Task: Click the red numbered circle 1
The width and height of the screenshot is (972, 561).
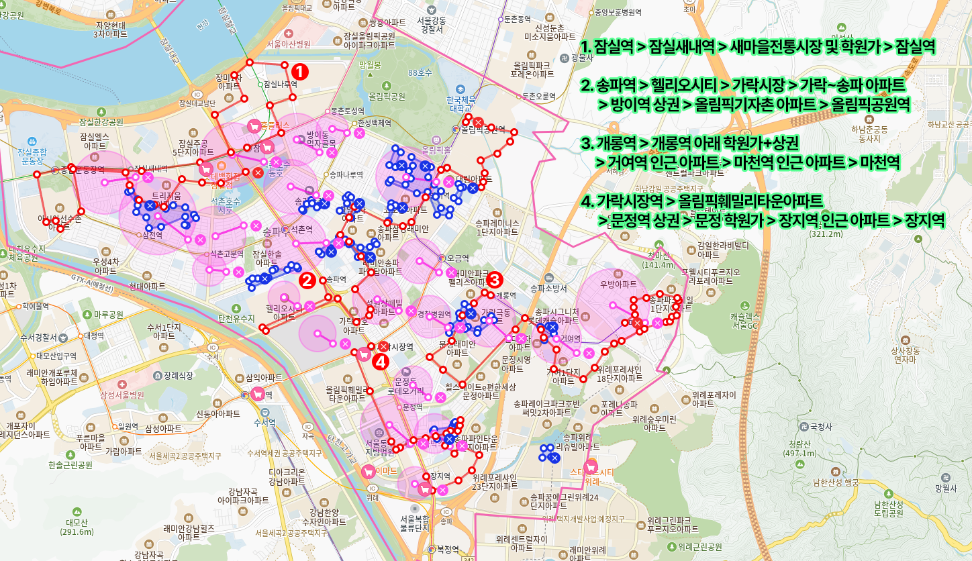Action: point(300,71)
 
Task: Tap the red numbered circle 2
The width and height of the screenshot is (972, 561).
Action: point(307,280)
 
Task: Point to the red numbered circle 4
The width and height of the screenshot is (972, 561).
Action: point(381,362)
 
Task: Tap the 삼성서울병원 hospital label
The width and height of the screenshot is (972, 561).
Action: point(122,395)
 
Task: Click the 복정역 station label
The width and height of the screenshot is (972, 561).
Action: point(446,548)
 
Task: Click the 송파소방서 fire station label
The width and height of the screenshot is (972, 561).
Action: point(549,289)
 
